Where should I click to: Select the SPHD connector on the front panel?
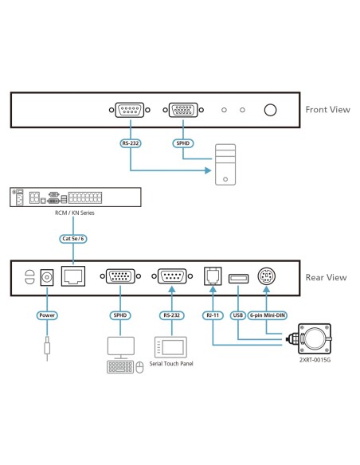[182, 111]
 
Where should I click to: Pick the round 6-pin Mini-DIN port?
[265, 278]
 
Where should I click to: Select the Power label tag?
[47, 315]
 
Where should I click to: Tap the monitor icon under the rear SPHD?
[121, 346]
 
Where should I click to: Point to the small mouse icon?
[140, 367]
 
